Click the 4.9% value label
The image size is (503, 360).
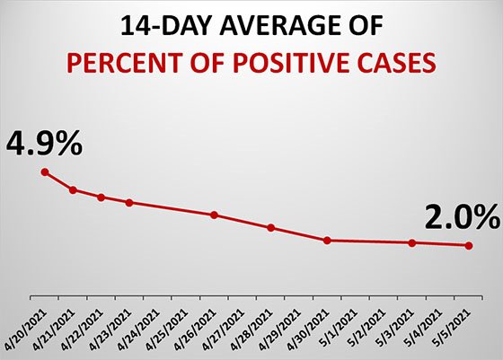[45, 142]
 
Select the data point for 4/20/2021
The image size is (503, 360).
[45, 172]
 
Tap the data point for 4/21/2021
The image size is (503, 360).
[73, 189]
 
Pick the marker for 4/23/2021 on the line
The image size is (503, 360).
[129, 202]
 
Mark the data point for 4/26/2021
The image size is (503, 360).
[214, 215]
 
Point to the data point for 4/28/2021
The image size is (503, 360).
[270, 227]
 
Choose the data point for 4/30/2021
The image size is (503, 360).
[327, 240]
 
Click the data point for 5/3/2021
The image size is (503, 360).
[411, 242]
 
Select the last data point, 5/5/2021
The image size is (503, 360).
[468, 245]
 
